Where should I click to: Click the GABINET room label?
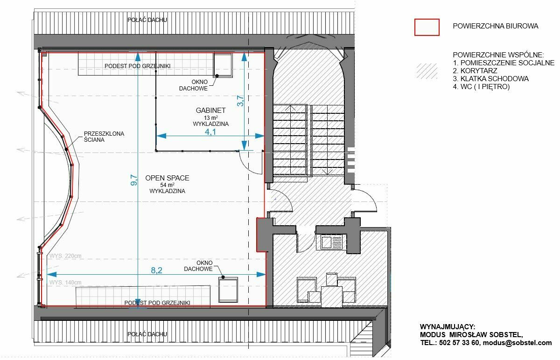tap(210, 110)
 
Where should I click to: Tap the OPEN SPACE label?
tap(167, 178)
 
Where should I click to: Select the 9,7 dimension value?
tap(134, 180)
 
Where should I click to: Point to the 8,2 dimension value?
tap(156, 270)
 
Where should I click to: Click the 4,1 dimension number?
tap(210, 132)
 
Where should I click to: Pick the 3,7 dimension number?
tap(240, 101)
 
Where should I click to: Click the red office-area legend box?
tap(427, 27)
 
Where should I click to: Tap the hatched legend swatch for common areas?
tap(427, 71)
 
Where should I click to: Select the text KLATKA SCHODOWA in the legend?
tap(495, 79)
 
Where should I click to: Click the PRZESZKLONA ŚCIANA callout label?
tap(104, 137)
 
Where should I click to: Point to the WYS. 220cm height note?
tap(65, 256)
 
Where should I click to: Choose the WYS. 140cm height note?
tap(65, 282)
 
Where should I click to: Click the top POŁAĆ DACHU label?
tap(147, 20)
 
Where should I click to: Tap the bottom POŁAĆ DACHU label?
tap(147, 334)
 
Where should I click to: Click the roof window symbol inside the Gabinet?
tap(223, 65)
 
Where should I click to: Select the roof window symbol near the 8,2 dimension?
tap(228, 290)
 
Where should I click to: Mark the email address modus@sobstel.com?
tap(517, 342)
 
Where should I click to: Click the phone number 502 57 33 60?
tap(458, 342)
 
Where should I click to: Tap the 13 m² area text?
tap(210, 118)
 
